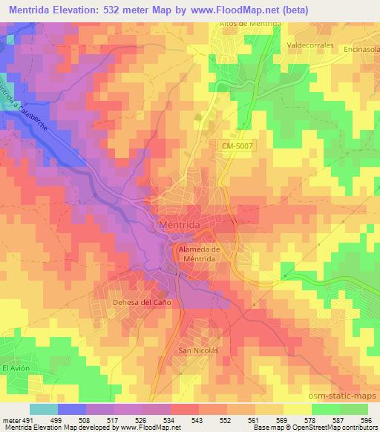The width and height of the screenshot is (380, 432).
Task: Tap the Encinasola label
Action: tap(362, 49)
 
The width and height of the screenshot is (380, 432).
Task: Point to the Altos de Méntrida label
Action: tap(249, 23)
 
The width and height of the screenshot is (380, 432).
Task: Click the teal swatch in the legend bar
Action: tap(43, 409)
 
